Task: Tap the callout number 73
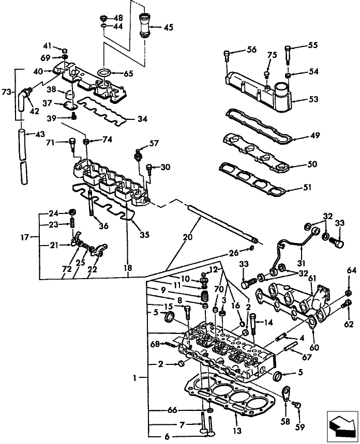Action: [7, 92]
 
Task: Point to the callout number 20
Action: [186, 237]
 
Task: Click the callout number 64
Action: [352, 270]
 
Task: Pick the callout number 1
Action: [134, 378]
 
